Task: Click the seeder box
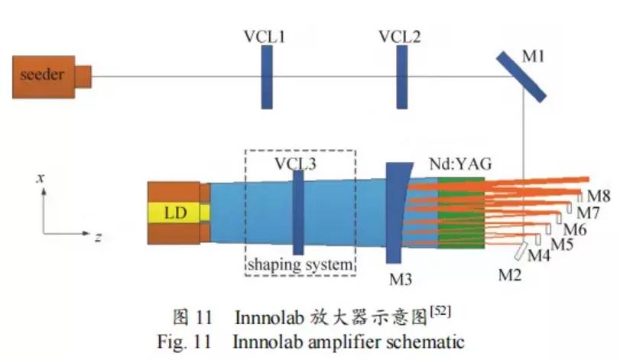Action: [44, 75]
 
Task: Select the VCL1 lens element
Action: [266, 77]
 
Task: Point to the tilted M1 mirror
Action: [521, 75]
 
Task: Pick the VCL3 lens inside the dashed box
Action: [298, 212]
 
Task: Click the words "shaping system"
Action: [300, 264]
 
